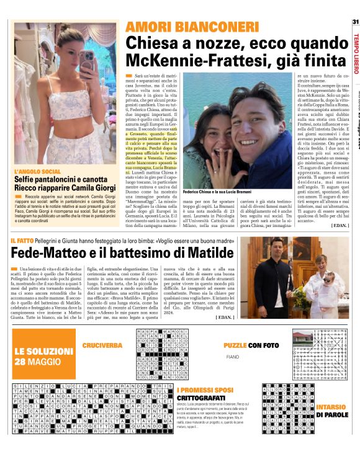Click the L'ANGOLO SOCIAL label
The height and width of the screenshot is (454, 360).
pyautogui.click(x=37, y=171)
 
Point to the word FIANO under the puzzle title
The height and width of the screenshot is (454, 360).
pyautogui.click(x=232, y=357)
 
